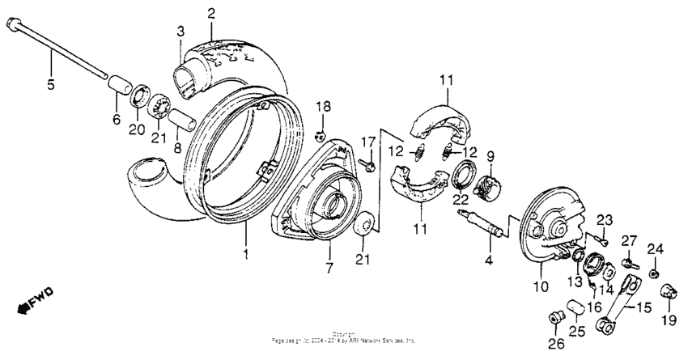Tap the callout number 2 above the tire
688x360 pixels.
tap(211, 12)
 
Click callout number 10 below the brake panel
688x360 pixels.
tap(541, 286)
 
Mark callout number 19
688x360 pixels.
tap(668, 321)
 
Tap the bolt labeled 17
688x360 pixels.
tap(369, 167)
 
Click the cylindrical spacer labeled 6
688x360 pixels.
tap(121, 86)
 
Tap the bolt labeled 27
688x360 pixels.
tap(630, 264)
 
